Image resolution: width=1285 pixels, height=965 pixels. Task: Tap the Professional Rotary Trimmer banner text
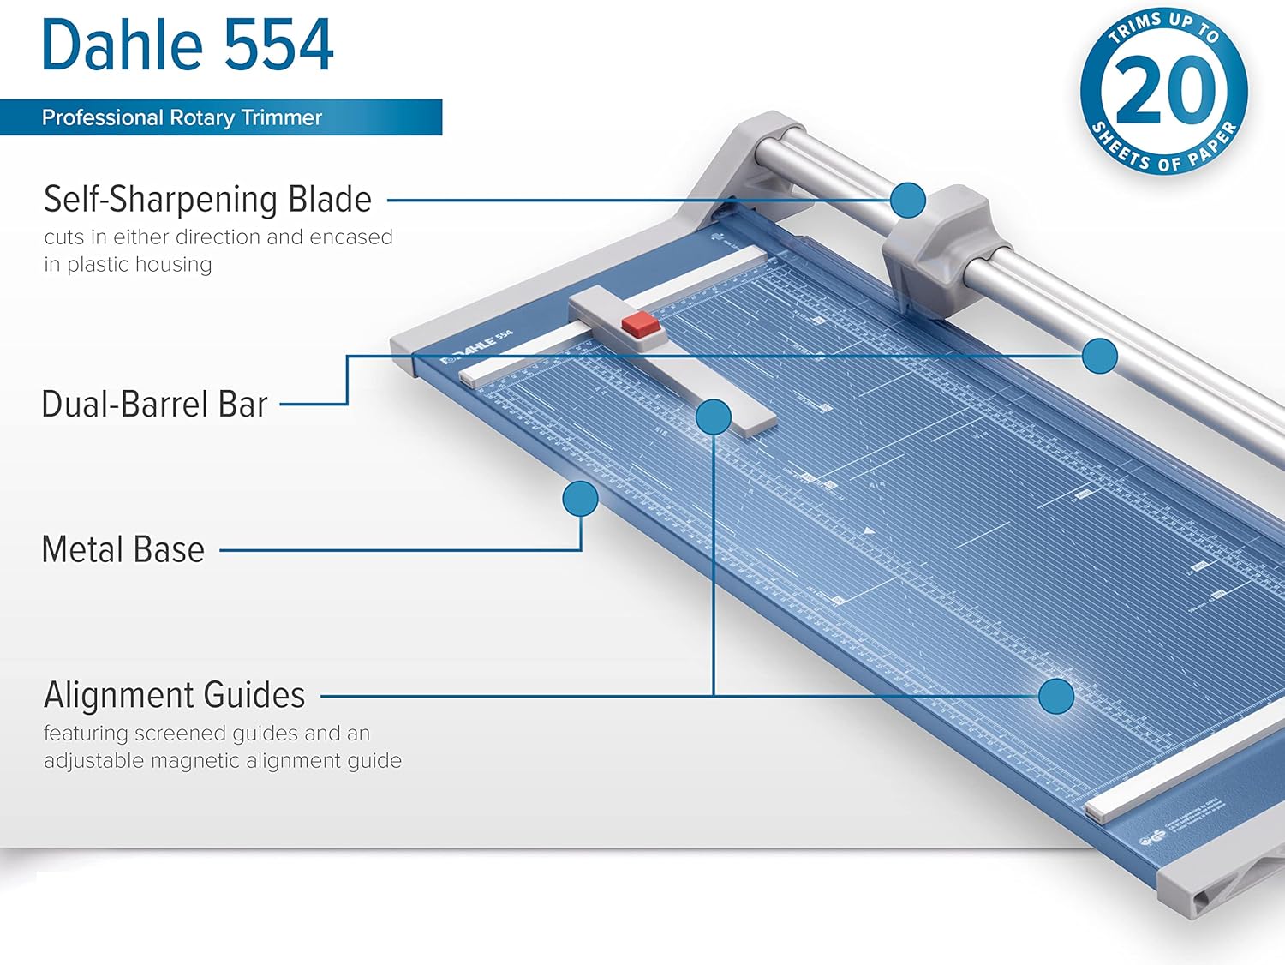tap(182, 117)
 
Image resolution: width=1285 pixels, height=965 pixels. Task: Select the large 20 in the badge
tap(1165, 90)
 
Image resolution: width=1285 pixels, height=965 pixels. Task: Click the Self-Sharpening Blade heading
tap(207, 199)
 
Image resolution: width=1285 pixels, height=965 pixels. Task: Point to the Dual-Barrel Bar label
tap(154, 404)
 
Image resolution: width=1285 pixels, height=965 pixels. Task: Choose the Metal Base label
tap(123, 549)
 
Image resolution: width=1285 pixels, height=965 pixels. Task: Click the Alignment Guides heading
tap(174, 695)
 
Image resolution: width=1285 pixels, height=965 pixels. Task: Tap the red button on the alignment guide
tap(640, 324)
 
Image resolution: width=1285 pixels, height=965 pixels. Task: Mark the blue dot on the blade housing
tap(908, 200)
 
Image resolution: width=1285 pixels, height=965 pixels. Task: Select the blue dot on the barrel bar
tap(1099, 356)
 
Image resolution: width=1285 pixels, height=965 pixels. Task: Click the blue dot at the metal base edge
tap(580, 499)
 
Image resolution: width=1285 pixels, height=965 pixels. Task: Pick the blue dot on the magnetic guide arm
tap(713, 417)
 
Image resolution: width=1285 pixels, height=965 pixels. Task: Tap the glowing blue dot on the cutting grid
tap(1056, 696)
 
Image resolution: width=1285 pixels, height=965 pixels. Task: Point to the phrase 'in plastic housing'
tap(128, 265)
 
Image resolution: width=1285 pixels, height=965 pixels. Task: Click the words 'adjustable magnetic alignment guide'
tap(223, 761)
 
